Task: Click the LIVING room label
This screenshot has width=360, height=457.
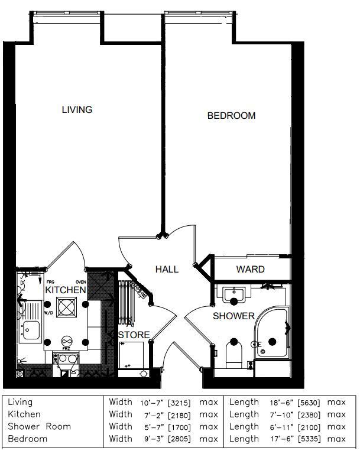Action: [77, 110]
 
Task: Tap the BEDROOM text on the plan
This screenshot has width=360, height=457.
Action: [231, 116]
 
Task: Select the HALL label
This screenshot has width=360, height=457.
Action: [167, 270]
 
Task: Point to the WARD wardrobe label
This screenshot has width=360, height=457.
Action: [250, 270]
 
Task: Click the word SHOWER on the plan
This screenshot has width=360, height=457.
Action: [233, 316]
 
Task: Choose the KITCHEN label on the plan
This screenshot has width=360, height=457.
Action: [65, 291]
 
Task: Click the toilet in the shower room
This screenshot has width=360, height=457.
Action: [234, 354]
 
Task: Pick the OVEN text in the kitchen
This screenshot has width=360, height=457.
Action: [81, 283]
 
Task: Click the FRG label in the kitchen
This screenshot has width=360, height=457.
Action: [50, 283]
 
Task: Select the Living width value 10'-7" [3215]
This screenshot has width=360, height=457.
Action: [166, 403]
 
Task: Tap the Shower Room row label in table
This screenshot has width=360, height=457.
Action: [39, 427]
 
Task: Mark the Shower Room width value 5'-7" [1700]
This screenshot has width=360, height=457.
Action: [166, 427]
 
